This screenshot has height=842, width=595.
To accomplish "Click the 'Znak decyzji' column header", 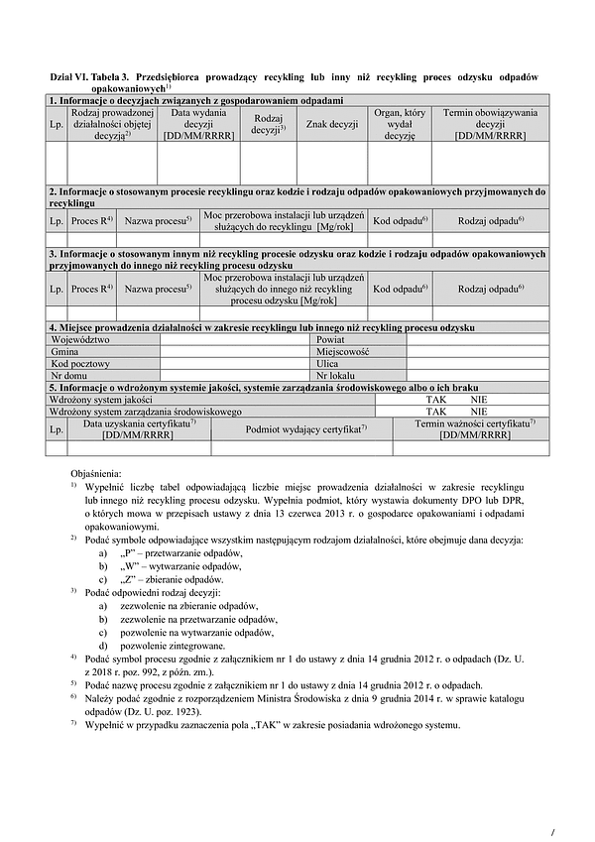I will (331, 124).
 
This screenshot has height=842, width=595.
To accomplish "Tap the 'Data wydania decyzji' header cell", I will (198, 124).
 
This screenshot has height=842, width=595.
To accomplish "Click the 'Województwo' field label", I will (80, 339).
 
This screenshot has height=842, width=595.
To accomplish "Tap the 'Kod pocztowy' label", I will (83, 363).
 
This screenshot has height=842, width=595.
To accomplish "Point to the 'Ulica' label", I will (328, 363).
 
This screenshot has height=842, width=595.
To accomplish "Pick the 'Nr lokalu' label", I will (335, 375).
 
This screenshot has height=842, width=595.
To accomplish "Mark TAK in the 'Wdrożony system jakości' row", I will (436, 398).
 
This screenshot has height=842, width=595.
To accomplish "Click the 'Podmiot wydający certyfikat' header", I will (306, 427).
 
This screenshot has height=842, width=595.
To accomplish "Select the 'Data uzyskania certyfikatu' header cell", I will (140, 427).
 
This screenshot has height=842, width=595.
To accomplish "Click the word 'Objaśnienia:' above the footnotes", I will (96, 474).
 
